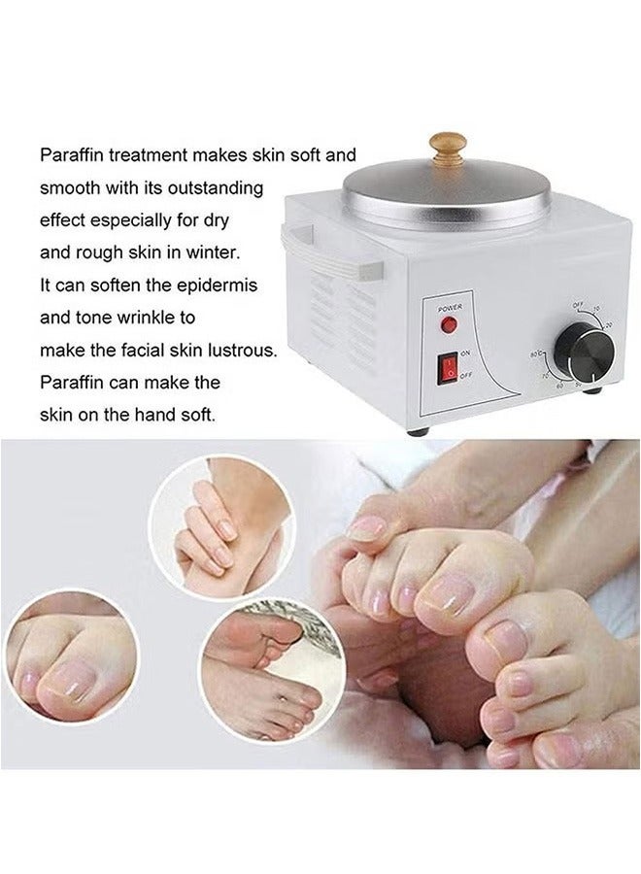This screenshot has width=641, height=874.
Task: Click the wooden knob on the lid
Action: [449, 146]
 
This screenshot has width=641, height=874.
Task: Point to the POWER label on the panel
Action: [449, 308]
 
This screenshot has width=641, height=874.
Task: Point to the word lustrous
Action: [243, 350]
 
